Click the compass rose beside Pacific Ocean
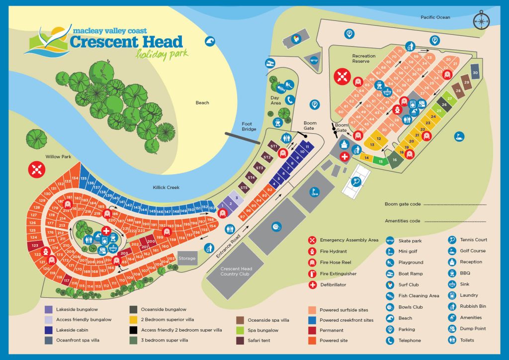click(x=481, y=19)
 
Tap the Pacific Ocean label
click(x=435, y=17)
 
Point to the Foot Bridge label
click(x=249, y=126)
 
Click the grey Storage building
click(x=187, y=258)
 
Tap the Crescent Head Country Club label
click(x=236, y=272)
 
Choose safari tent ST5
click(x=244, y=188)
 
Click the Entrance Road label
click(x=229, y=245)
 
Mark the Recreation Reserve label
click(x=364, y=59)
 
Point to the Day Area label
click(x=276, y=100)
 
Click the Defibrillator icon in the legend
click(x=312, y=285)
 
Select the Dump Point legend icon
click(x=452, y=329)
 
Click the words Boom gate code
click(x=403, y=204)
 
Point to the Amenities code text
click(x=403, y=221)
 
